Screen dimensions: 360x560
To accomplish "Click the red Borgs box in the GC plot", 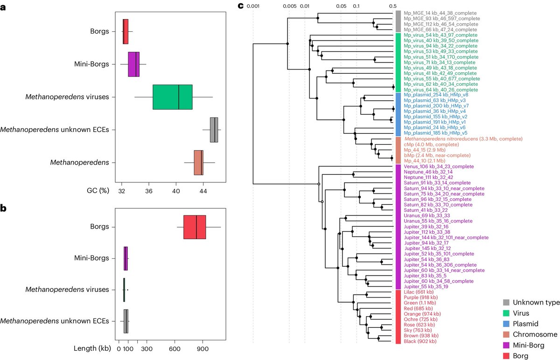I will (125, 32).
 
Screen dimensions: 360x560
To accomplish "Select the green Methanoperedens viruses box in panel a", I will (172, 97).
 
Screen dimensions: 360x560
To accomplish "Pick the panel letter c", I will (240, 6).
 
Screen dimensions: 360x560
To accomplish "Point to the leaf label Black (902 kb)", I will (420, 341).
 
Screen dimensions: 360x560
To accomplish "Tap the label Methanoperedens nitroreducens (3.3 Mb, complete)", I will (463, 138).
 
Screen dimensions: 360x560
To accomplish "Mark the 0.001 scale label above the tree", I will (253, 6).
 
